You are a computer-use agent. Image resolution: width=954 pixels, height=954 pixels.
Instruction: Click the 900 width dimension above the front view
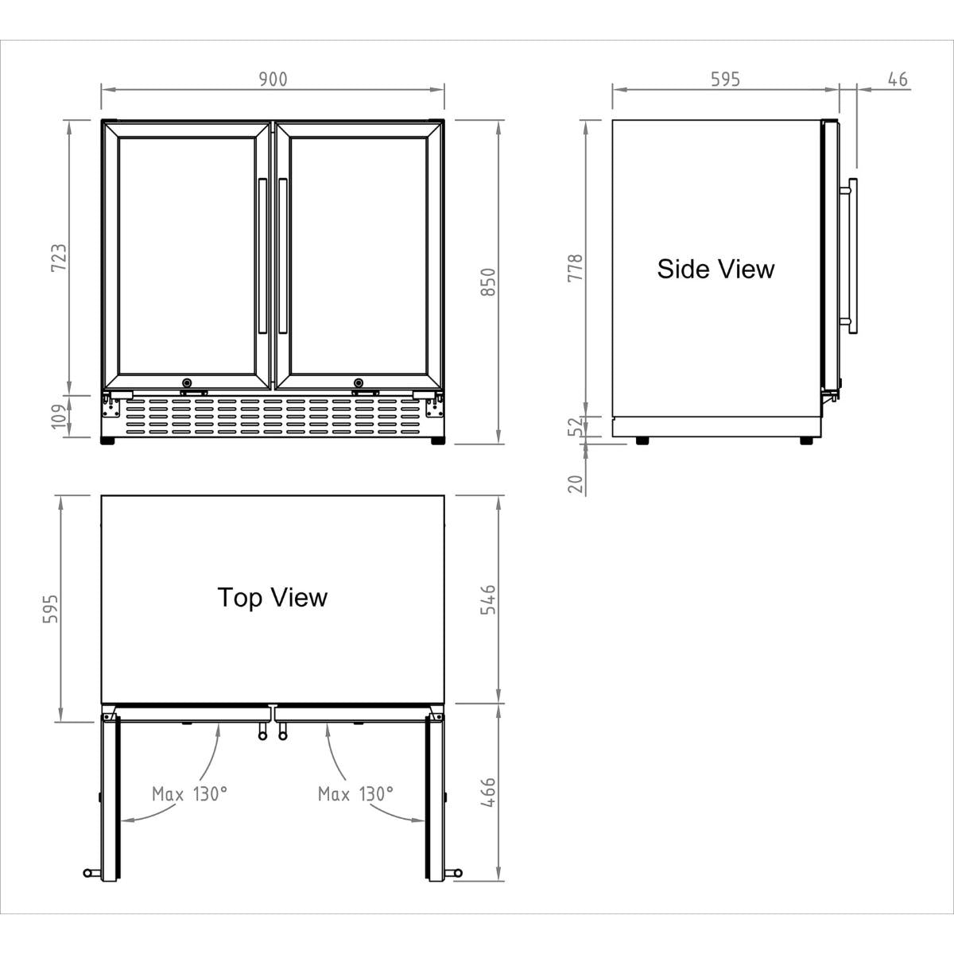272,79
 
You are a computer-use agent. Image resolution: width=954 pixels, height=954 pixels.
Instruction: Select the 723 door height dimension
59,258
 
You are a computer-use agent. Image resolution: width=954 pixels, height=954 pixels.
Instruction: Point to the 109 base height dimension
59,416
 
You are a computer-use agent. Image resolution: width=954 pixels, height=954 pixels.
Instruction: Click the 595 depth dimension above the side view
724,79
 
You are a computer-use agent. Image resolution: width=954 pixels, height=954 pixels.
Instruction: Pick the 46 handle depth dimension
897,79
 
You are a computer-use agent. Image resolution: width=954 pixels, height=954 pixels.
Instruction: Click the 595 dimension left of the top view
49,609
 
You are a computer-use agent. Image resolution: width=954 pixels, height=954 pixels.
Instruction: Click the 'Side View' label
715,269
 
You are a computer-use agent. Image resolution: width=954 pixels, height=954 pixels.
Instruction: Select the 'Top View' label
272,597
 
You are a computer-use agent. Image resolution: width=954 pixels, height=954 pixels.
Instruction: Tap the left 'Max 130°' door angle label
189,793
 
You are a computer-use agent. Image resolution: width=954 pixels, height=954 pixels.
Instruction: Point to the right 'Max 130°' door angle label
355,793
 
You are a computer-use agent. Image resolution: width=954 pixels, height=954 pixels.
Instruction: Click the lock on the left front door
188,382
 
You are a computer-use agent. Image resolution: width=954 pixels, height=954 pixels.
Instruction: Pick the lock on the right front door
359,382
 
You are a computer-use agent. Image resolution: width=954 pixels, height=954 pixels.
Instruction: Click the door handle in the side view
851,254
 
